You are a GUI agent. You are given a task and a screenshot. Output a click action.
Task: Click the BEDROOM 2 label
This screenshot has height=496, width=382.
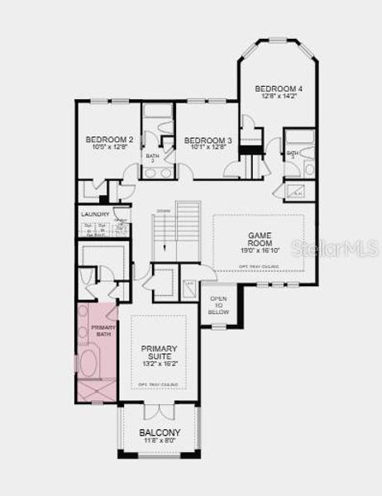point(109,140)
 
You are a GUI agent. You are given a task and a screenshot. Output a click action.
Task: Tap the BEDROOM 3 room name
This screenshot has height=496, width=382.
point(206,140)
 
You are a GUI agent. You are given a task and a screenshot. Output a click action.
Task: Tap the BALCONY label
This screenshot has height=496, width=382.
point(159,432)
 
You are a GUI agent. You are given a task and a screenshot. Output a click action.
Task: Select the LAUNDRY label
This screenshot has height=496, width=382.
point(95,213)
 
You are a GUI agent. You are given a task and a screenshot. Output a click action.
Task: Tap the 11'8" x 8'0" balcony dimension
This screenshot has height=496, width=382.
point(159,442)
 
